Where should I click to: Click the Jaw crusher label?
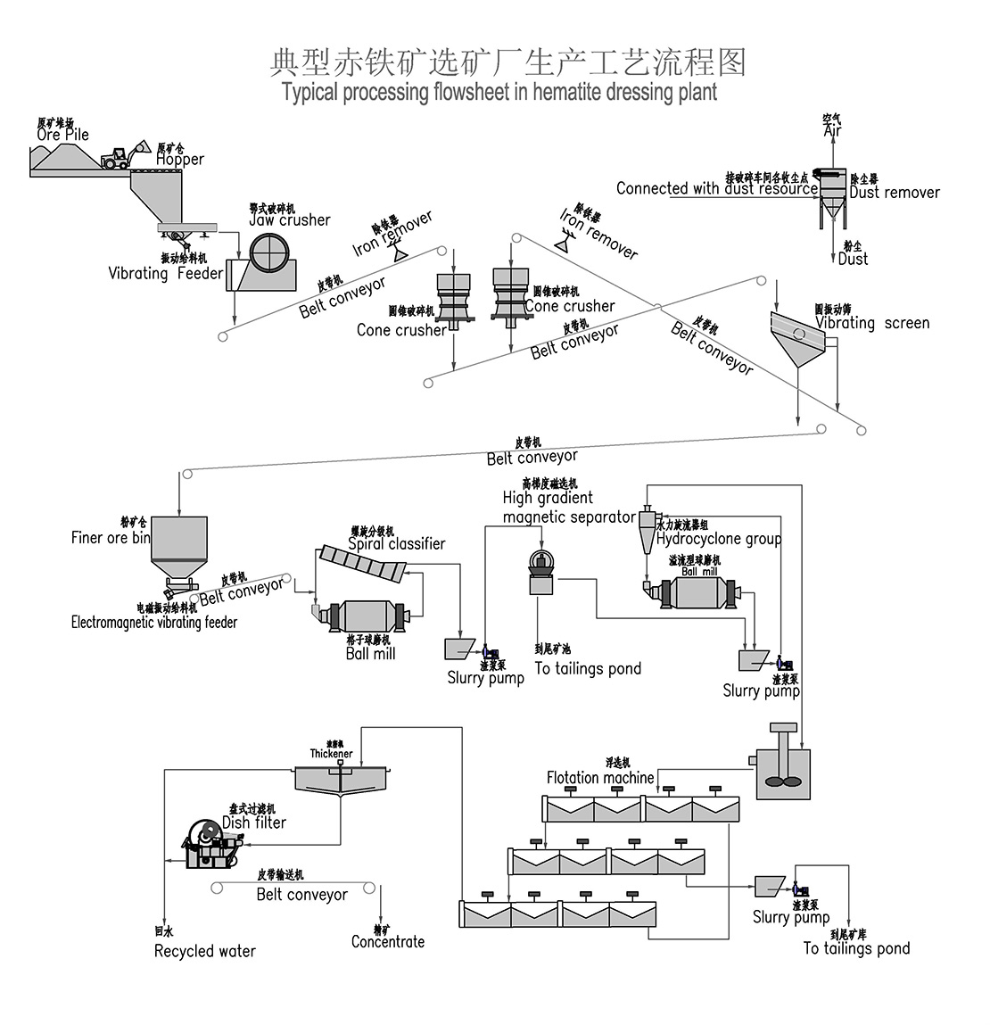tap(290, 220)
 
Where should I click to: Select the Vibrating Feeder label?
tap(165, 274)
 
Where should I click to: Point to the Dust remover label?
tap(894, 193)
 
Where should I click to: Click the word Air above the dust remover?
tap(832, 131)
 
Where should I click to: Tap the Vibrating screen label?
tap(872, 324)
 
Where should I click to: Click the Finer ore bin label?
tap(111, 538)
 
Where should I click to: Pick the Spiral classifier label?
tap(396, 544)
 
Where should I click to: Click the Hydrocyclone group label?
tap(719, 540)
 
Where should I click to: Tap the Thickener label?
tap(331, 755)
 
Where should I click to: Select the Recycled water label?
tap(204, 952)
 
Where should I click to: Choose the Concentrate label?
tap(388, 942)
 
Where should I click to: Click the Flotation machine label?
tap(599, 778)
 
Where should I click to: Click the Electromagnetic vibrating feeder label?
tap(154, 623)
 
